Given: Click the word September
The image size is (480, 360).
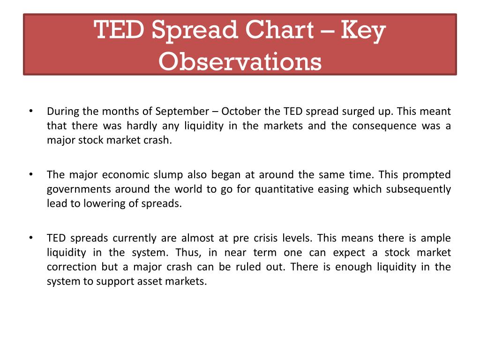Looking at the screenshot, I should pyautogui.click(x=182, y=112).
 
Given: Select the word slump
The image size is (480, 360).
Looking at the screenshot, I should pyautogui.click(x=168, y=175).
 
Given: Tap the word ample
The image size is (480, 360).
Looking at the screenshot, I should pyautogui.click(x=437, y=238).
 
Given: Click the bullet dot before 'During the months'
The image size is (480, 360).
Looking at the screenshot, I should pyautogui.click(x=30, y=111).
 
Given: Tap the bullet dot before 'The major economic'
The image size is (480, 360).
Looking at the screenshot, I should pyautogui.click(x=30, y=174).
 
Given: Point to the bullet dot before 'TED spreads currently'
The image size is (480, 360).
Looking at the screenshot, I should pyautogui.click(x=30, y=238).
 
